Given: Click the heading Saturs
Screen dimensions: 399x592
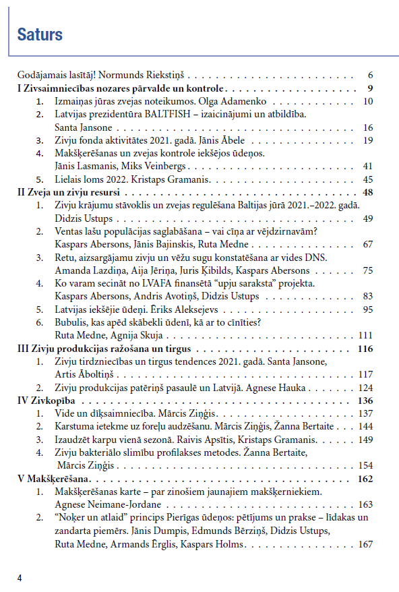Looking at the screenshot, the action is [40, 34].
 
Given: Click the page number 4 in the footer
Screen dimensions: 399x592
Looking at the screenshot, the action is [20, 577].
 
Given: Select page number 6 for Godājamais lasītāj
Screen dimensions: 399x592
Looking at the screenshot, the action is [370, 75].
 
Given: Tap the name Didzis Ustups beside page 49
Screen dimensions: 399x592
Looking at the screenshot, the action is [84, 218].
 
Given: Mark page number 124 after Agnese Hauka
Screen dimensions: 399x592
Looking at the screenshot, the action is [365, 388].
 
